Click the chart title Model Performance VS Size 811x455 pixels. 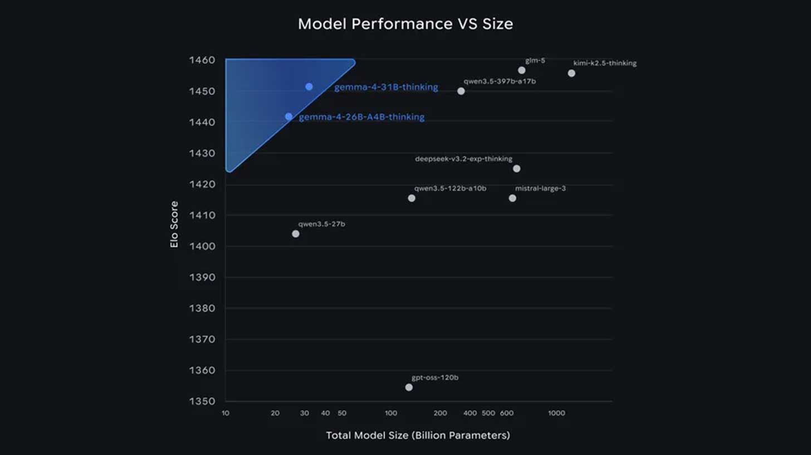pos(405,24)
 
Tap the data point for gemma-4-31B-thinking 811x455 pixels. pos(309,87)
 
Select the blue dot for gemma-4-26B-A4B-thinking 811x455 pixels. pos(289,117)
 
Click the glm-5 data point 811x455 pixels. pos(522,70)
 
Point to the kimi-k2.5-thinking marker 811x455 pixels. pos(571,74)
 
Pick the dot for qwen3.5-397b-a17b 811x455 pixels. pos(461,91)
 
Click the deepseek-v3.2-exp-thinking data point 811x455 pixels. pos(517,168)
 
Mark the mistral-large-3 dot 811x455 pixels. pos(512,198)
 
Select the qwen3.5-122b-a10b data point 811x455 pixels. pos(412,198)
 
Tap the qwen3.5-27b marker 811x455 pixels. pos(296,234)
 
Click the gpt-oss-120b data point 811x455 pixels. pos(409,387)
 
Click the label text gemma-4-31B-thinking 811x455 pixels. pos(386,88)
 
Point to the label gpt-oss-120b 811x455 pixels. pos(435,377)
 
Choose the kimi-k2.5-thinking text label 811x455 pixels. pos(605,64)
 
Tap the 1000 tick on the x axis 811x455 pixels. pos(556,413)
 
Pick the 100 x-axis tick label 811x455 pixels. pos(391,413)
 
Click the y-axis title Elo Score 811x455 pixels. pos(175,224)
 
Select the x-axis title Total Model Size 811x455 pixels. pos(418,435)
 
